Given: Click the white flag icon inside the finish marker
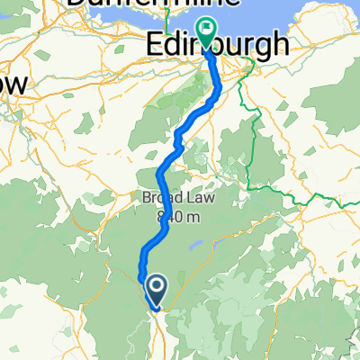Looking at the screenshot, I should pos(207,31).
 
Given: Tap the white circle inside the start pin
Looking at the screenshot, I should pos(156,287).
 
